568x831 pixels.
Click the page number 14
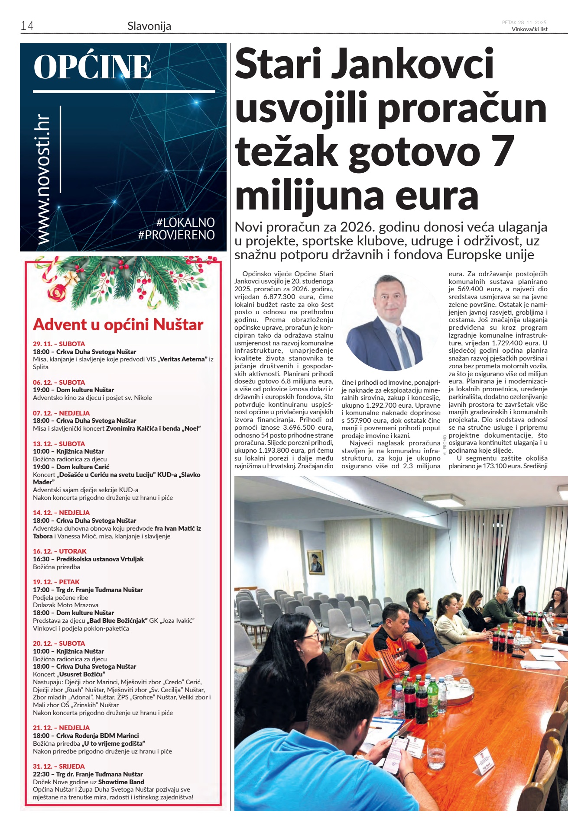tap(27, 26)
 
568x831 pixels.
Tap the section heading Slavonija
tap(149, 26)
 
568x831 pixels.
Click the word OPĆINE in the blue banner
tap(92, 67)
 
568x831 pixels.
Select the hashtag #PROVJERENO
tap(176, 235)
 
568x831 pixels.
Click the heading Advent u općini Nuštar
tap(118, 325)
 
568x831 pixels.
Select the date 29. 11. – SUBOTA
tap(59, 344)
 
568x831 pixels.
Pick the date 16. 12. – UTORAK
tap(60, 551)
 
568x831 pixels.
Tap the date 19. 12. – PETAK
tap(56, 582)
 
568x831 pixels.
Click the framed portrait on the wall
tap(315, 561)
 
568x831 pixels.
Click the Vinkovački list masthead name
tap(529, 29)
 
